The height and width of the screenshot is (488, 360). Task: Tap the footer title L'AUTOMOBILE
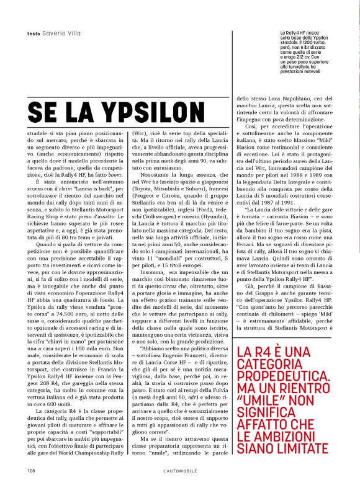pyautogui.click(x=179, y=470)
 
